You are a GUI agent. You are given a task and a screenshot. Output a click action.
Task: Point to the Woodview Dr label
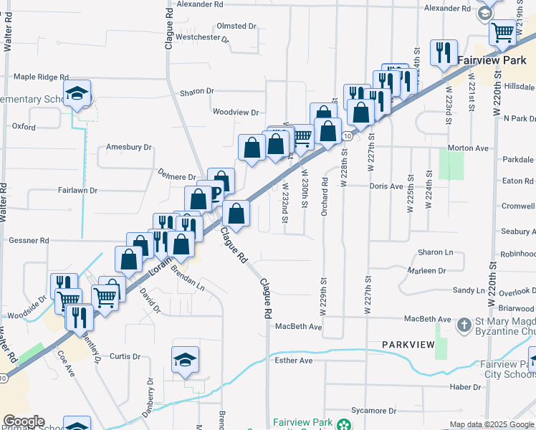tap(236, 113)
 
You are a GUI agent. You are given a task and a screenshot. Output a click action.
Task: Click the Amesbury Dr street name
tap(129, 148)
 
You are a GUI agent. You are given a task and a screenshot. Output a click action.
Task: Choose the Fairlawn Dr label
tap(77, 191)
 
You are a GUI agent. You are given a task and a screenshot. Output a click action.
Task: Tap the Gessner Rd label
tap(29, 241)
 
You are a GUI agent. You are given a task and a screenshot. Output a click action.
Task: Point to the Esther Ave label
tap(294, 360)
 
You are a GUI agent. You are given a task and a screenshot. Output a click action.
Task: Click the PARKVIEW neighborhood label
tap(408, 345)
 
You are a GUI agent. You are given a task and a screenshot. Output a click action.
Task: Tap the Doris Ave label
tap(386, 186)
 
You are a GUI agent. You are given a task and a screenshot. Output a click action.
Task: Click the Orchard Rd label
tap(325, 188)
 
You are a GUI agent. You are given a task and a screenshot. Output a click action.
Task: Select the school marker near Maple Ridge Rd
tap(77, 94)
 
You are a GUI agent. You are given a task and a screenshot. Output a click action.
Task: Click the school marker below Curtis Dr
tap(186, 360)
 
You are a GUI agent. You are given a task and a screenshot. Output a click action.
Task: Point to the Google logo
tap(24, 421)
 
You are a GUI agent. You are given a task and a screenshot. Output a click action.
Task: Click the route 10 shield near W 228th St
tap(346, 135)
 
